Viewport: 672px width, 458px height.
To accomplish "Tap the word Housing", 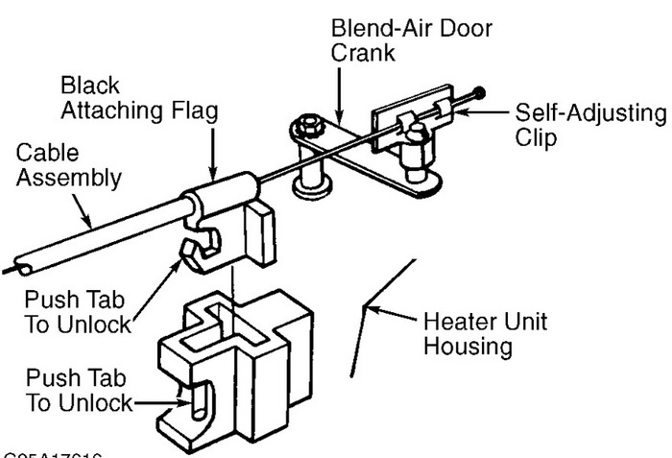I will [468, 346].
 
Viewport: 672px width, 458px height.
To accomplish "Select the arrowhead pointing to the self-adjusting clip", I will [467, 114].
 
